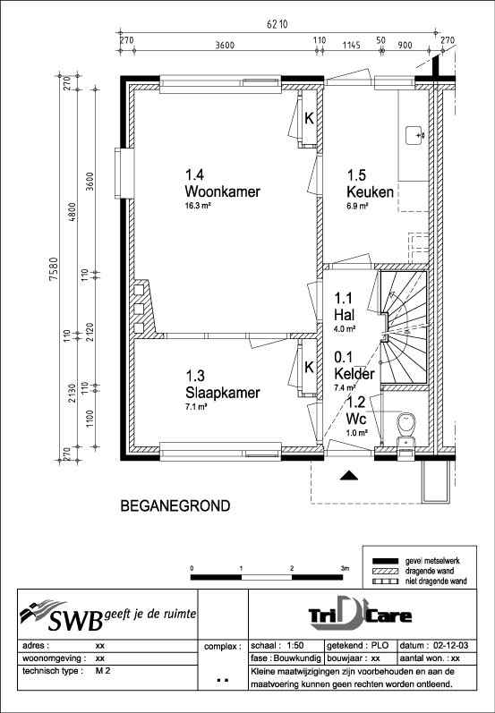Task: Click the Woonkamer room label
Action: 216,191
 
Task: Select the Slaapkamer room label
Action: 222,393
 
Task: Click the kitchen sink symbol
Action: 415,135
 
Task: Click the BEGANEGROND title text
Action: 174,506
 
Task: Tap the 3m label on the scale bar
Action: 344,568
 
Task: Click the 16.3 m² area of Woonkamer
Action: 198,205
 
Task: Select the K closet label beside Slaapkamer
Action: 309,367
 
